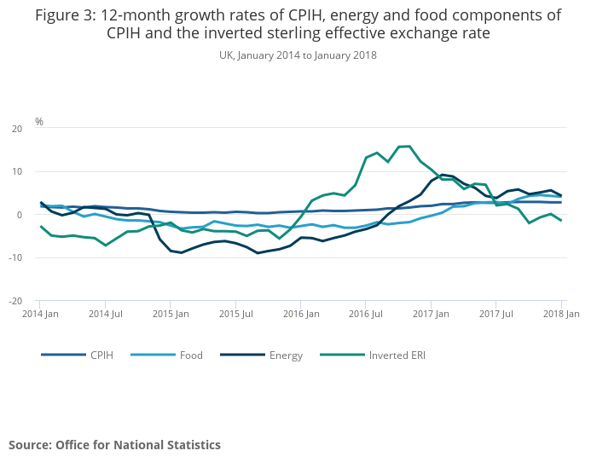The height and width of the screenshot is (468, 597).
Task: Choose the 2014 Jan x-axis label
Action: tap(39, 314)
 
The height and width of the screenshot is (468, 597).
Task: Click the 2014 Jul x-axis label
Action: tap(105, 314)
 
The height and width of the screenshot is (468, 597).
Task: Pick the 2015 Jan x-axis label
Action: tap(170, 314)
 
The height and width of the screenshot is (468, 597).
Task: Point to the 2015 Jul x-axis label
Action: tap(235, 314)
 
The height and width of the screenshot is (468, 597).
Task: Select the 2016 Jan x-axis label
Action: tap(300, 314)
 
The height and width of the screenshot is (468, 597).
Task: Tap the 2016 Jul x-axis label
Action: tap(365, 314)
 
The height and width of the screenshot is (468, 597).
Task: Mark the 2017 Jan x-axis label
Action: tap(431, 314)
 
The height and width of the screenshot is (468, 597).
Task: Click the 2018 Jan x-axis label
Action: tap(561, 314)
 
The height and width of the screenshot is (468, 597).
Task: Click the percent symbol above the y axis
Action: tap(39, 122)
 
